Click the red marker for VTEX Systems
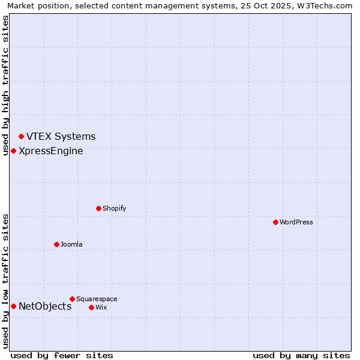21,137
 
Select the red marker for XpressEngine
13,151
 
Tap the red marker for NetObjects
13,307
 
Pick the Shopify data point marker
98,208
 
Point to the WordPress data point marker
275,222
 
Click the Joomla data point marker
56,244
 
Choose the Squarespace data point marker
72,299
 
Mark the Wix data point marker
91,307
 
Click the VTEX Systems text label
61,137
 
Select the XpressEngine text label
51,151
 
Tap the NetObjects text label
45,307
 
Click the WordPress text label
296,222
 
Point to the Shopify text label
114,208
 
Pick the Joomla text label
71,244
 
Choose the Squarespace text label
97,299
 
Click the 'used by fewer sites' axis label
62,355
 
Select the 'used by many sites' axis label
301,355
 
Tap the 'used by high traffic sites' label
5,85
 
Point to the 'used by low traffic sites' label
5,281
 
